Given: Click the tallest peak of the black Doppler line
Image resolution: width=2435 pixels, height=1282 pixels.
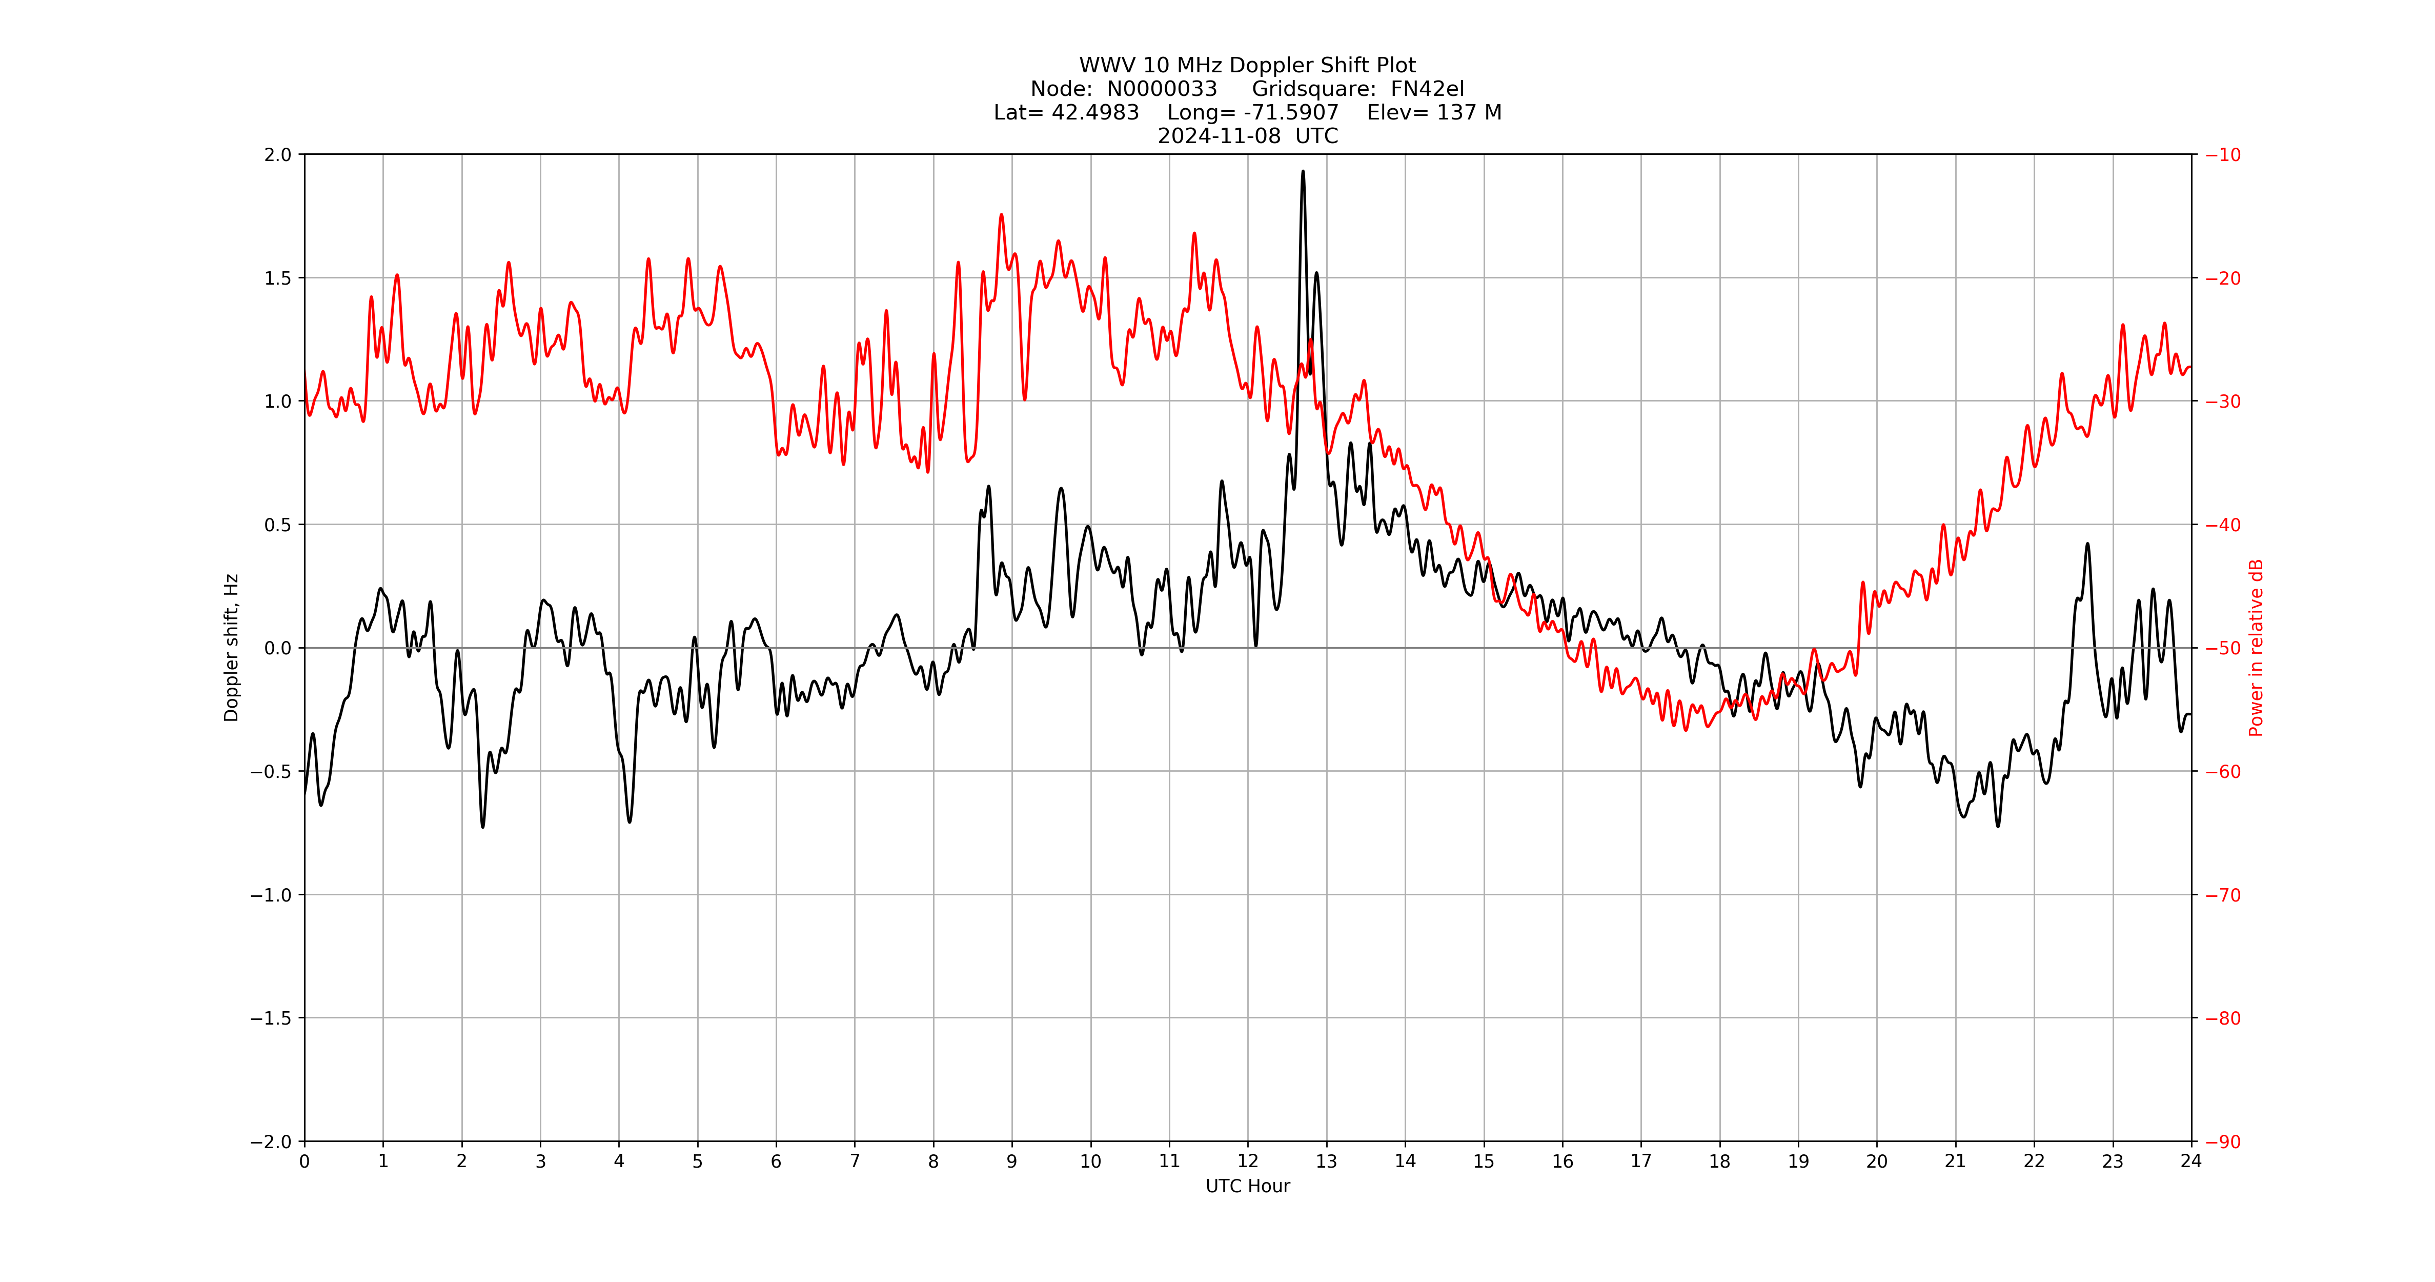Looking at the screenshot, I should (x=1303, y=172).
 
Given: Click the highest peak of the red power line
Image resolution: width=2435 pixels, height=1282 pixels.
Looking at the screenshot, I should (x=1001, y=215).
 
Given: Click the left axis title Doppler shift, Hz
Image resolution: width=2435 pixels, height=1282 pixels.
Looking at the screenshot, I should (x=232, y=648).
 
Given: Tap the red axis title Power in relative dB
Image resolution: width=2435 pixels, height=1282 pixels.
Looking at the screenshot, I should (x=2256, y=648).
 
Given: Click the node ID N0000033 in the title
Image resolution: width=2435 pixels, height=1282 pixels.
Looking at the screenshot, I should (x=1162, y=89).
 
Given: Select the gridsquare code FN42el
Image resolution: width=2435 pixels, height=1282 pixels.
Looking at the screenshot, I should (x=1427, y=89).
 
